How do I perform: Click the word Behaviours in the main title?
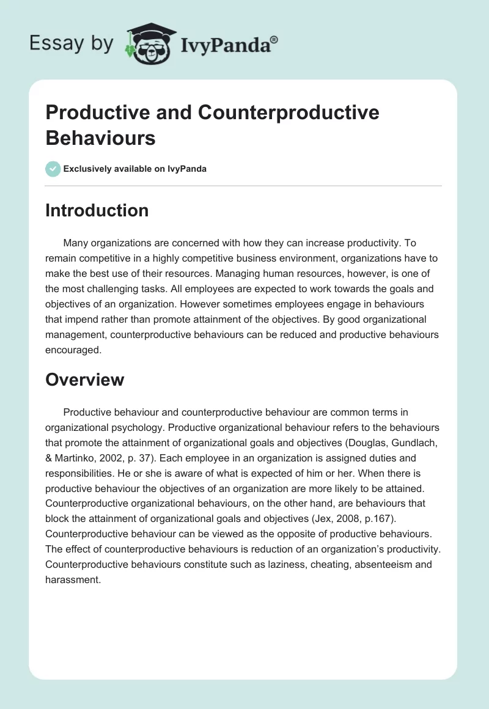pos(100,138)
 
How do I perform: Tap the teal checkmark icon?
pos(53,169)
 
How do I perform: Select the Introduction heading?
pos(97,210)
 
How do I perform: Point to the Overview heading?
pos(85,380)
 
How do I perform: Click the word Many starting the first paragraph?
pos(76,243)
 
